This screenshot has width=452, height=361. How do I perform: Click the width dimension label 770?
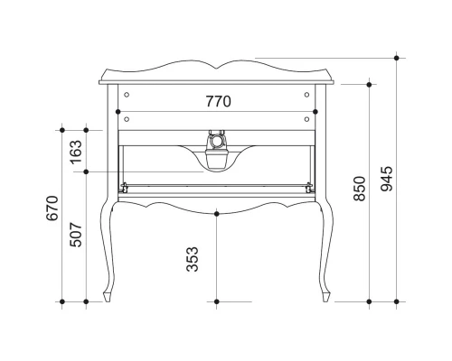[x=218, y=102]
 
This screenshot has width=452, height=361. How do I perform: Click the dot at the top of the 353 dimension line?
[x=217, y=213]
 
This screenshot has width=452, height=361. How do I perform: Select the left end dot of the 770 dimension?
[x=118, y=112]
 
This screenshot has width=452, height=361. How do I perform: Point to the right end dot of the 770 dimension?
[x=315, y=112]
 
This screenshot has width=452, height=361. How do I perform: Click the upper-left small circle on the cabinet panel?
[x=127, y=93]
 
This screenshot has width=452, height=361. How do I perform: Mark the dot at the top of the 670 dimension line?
[x=62, y=125]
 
